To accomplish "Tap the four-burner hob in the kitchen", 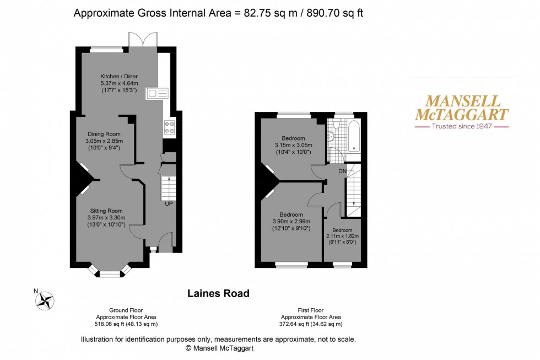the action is point(170,127).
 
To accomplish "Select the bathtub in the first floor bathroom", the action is point(354,136).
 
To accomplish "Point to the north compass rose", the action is point(45,300).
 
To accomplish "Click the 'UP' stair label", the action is point(169,203).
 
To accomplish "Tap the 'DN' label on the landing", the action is point(342,171).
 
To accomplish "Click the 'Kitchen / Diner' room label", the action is point(119,76).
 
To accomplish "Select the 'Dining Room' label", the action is point(104,134).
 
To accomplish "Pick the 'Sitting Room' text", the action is point(106,211).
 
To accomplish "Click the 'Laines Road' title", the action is point(218,293).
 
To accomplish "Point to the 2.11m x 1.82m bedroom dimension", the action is point(343,237).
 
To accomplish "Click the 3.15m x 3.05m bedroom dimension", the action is point(293,145).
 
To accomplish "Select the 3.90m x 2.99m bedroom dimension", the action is point(291,222).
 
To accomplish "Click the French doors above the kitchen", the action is point(143,40).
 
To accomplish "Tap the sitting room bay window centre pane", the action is point(110,274).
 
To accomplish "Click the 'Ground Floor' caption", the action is point(126,310).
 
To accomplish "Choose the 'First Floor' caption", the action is point(311,310).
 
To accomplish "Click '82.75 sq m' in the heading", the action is point(272,13).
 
